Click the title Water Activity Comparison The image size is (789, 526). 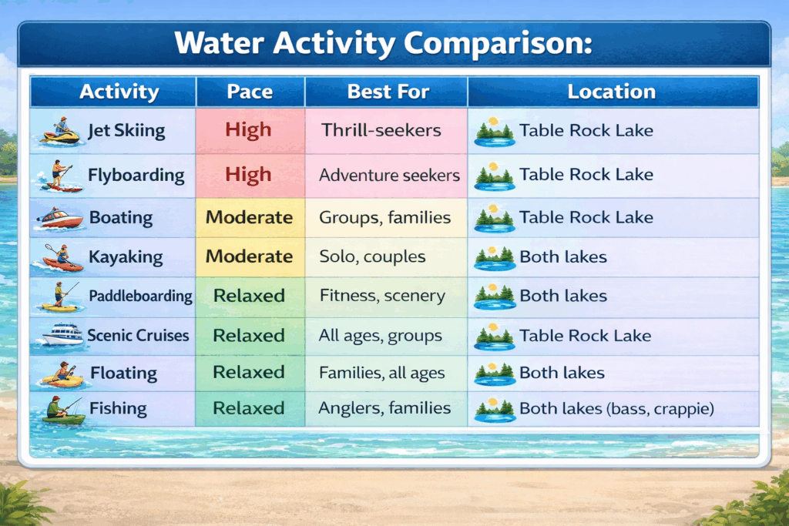click(384, 43)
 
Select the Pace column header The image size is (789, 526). click(250, 92)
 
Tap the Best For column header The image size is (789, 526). click(388, 92)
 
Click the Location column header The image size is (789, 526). click(611, 92)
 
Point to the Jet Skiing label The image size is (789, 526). click(126, 131)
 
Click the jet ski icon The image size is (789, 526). click(60, 131)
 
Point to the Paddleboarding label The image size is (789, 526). click(140, 296)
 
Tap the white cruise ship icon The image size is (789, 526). click(62, 334)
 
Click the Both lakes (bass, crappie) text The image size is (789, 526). click(616, 408)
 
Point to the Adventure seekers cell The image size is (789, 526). click(389, 175)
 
